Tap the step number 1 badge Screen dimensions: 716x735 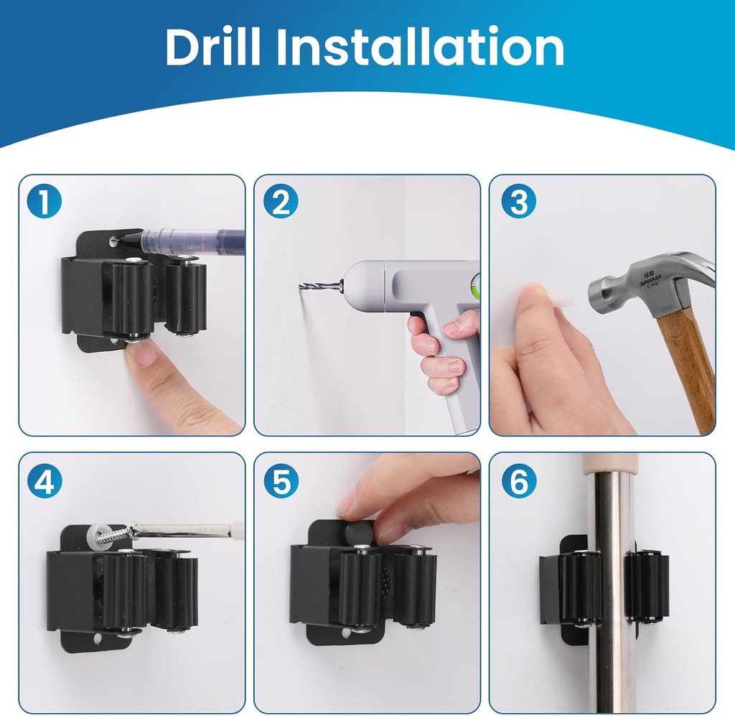coord(45,203)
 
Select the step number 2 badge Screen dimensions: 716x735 coord(280,203)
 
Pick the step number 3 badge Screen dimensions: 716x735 coord(518,203)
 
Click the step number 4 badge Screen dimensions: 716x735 coord(45,482)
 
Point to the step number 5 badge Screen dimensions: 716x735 coord(280,482)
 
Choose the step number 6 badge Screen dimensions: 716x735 coord(518,482)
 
